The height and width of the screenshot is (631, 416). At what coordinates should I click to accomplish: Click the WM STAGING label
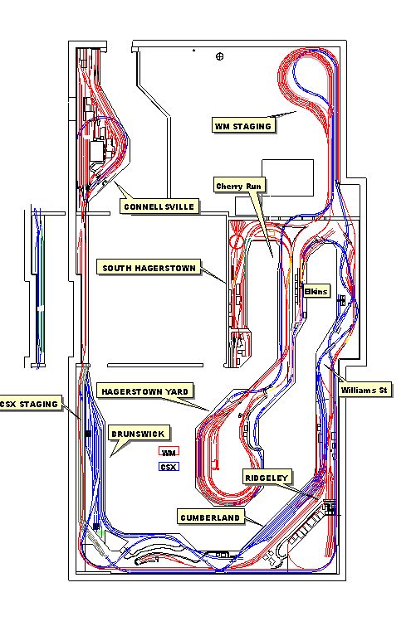click(243, 126)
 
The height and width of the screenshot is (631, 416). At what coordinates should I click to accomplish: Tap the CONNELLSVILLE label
click(159, 206)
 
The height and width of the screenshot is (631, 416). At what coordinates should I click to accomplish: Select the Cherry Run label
click(239, 186)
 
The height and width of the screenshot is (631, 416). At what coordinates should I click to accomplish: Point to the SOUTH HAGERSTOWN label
click(149, 268)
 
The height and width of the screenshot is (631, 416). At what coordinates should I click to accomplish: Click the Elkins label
click(316, 291)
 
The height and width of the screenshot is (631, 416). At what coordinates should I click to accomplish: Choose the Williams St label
click(364, 390)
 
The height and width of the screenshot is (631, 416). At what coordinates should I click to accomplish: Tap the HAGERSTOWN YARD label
click(144, 391)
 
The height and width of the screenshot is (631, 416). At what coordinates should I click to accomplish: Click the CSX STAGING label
click(29, 404)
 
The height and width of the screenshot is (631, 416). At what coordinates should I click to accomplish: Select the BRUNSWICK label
click(139, 434)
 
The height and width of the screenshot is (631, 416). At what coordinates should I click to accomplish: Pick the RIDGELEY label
click(267, 478)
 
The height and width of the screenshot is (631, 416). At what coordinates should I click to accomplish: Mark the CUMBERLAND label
click(210, 517)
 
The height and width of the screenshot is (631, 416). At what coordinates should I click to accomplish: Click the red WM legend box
click(169, 452)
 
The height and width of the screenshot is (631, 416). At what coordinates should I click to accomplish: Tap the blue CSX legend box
click(169, 467)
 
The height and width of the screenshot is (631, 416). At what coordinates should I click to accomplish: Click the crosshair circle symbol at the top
click(220, 56)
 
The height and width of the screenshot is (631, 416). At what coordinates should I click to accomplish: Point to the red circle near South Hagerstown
click(237, 241)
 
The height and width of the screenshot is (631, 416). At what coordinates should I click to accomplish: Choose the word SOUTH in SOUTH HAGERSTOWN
click(116, 268)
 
